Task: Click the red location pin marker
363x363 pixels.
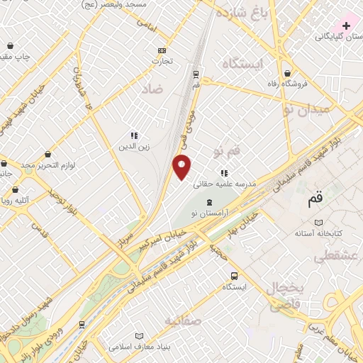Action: click(182, 168)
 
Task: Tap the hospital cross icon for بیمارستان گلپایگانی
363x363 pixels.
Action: click(346, 26)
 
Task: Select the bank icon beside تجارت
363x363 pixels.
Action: click(162, 50)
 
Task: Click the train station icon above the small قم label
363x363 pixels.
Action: click(195, 73)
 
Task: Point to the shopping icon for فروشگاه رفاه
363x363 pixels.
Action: click(287, 73)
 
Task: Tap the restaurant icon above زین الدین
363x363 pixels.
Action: click(133, 135)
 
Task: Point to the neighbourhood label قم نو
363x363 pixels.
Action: click(227, 151)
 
